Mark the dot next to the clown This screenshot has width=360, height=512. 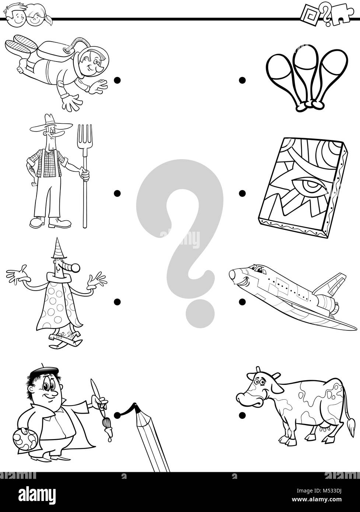pyautogui.click(x=117, y=302)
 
